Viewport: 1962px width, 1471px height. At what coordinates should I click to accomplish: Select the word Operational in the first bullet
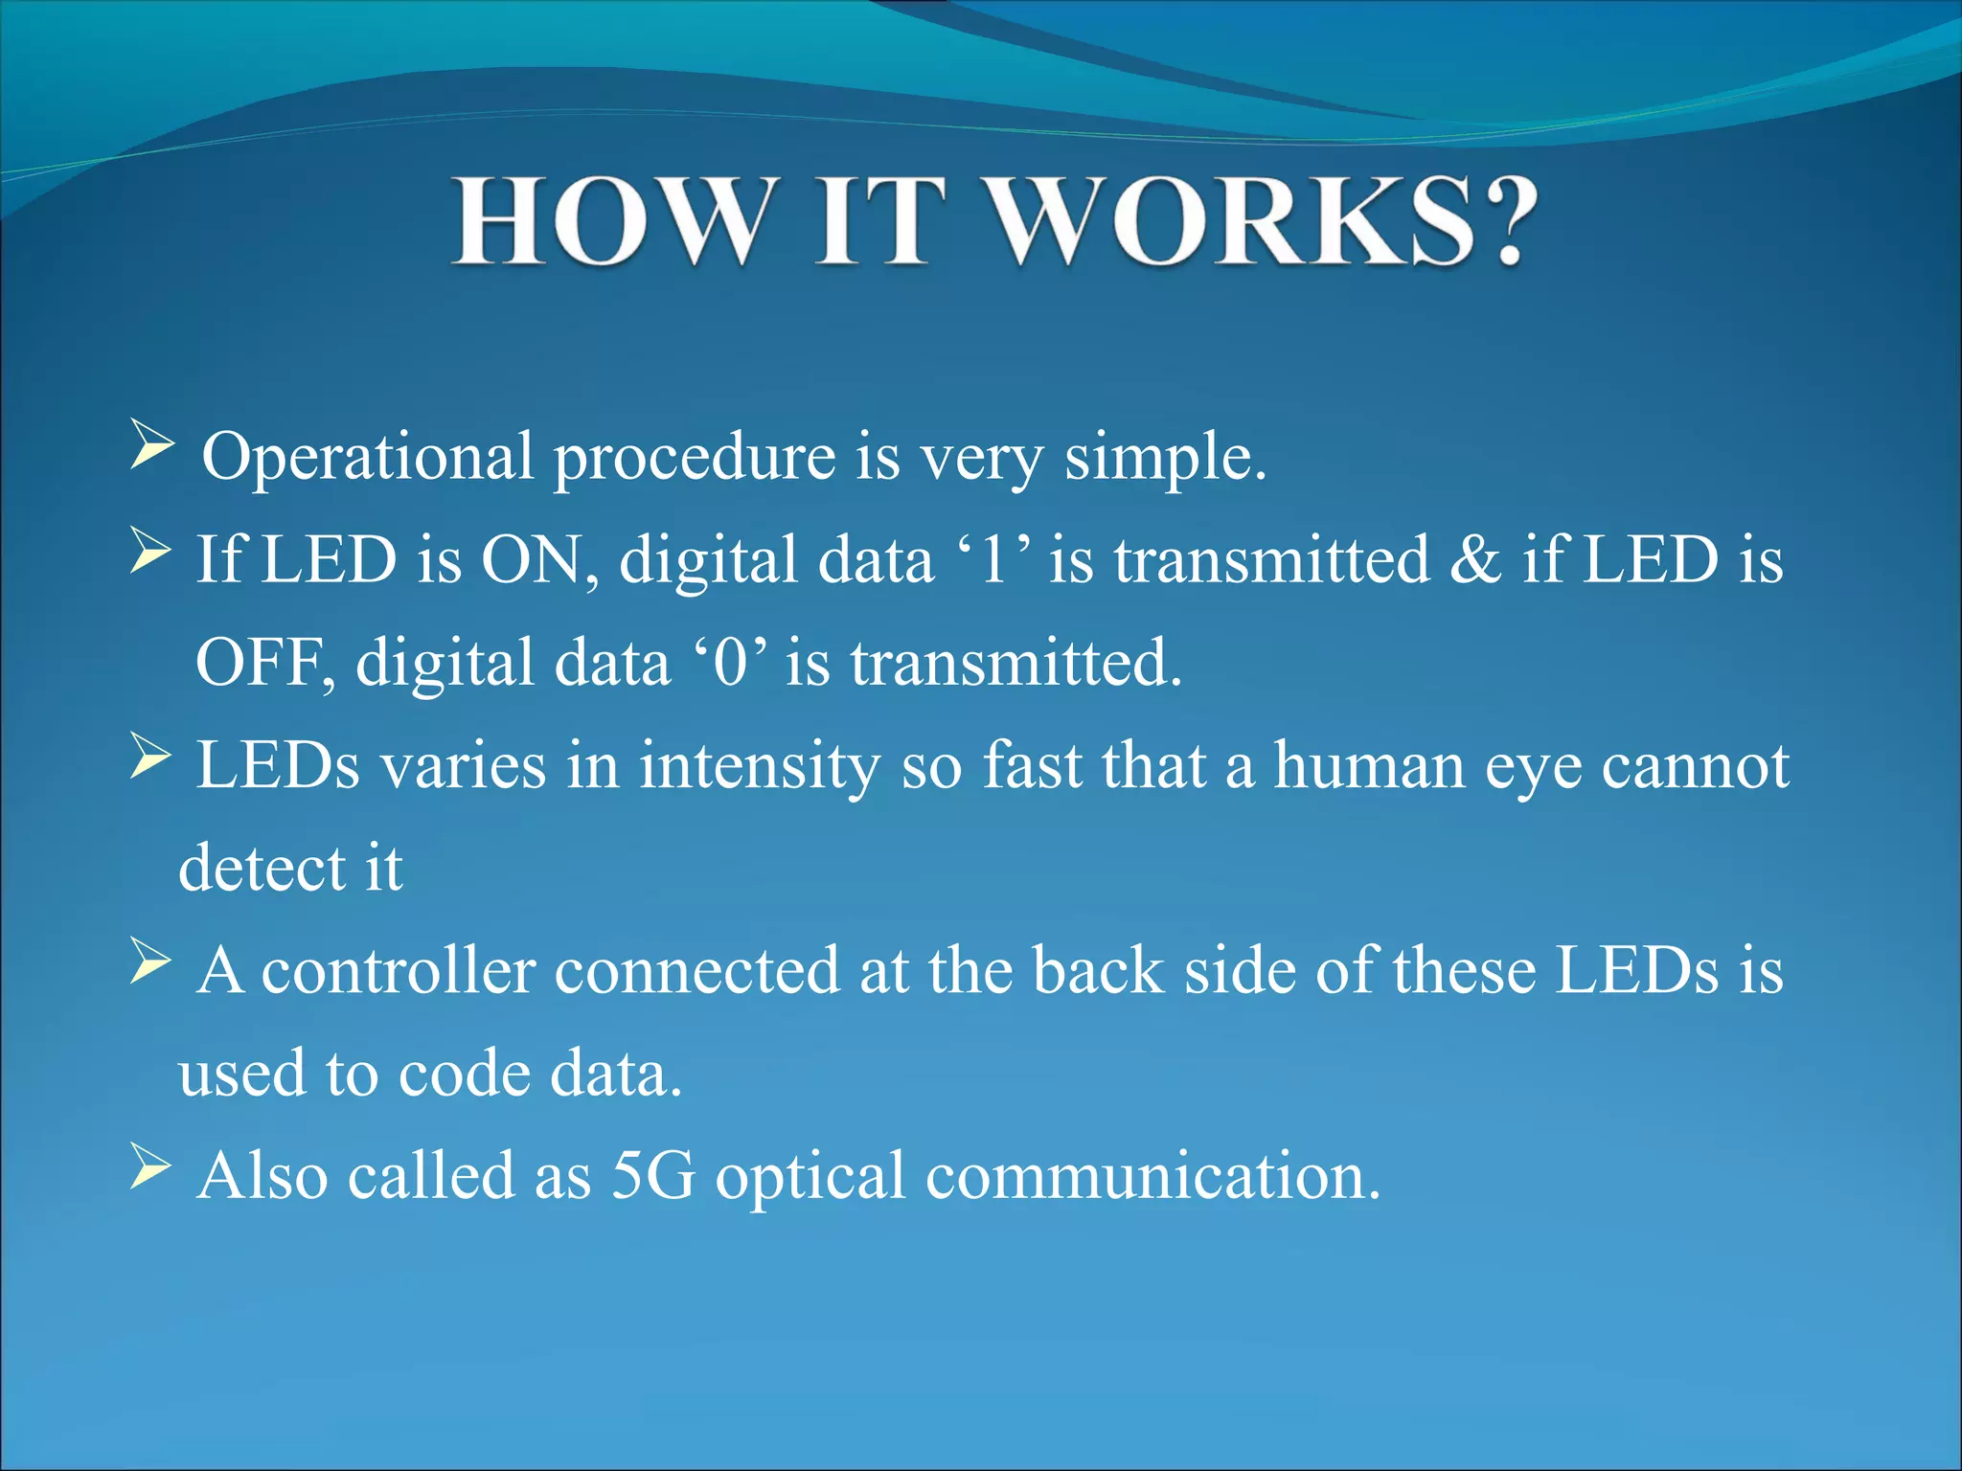tap(367, 457)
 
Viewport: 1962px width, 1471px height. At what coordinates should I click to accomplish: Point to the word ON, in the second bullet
tap(539, 559)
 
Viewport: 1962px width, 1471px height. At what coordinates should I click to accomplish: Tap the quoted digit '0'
tap(730, 663)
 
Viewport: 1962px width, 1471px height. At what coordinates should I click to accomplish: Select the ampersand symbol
tap(1474, 559)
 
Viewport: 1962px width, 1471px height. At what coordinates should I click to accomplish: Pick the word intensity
tap(760, 766)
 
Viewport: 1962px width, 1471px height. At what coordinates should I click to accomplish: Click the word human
tap(1370, 766)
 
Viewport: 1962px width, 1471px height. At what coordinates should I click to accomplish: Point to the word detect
tap(262, 868)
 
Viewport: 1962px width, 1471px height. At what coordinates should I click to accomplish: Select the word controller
tap(398, 971)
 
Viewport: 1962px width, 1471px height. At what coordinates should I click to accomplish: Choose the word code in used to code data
tap(464, 1074)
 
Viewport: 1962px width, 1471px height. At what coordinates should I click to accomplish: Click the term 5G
tap(653, 1176)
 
